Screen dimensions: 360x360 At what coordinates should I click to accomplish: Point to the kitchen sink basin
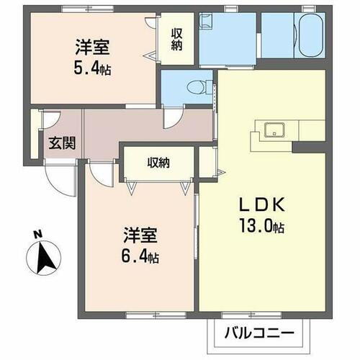(x=274, y=130)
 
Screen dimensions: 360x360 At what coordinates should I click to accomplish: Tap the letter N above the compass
(x=37, y=233)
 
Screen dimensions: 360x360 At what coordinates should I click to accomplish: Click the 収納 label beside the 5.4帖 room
(x=177, y=40)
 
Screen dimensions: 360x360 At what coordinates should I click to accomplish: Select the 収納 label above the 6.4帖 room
(x=159, y=163)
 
